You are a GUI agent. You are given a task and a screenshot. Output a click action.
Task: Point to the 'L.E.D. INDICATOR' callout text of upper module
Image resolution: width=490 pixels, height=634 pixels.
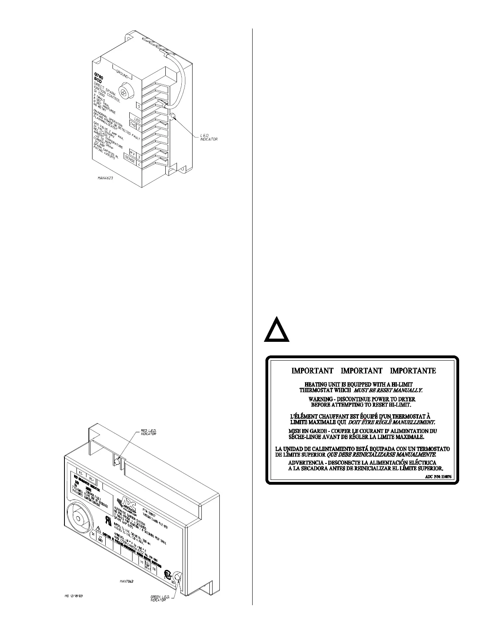pos(209,137)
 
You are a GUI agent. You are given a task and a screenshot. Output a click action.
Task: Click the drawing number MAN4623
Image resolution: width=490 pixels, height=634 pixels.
pos(105,179)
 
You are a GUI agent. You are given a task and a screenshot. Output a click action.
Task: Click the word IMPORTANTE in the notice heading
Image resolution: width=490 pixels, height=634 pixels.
pos(413,371)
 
